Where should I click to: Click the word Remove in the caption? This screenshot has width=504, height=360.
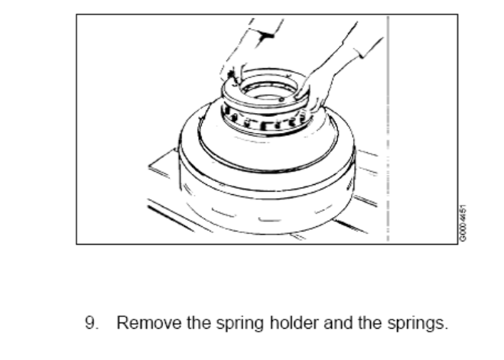click(x=149, y=323)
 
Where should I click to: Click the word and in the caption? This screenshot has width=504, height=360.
click(x=338, y=323)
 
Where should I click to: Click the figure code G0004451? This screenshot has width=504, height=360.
click(x=463, y=223)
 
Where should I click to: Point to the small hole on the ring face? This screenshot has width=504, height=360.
click(x=281, y=100)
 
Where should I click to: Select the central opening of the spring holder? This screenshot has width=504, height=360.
click(x=268, y=90)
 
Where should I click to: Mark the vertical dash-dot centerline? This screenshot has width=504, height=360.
click(x=388, y=128)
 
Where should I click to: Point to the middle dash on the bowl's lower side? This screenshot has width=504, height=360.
click(x=270, y=220)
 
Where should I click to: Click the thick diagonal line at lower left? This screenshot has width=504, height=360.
click(x=171, y=219)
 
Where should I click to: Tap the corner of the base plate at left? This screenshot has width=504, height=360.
click(x=149, y=167)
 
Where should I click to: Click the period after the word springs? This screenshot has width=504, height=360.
click(x=446, y=328)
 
